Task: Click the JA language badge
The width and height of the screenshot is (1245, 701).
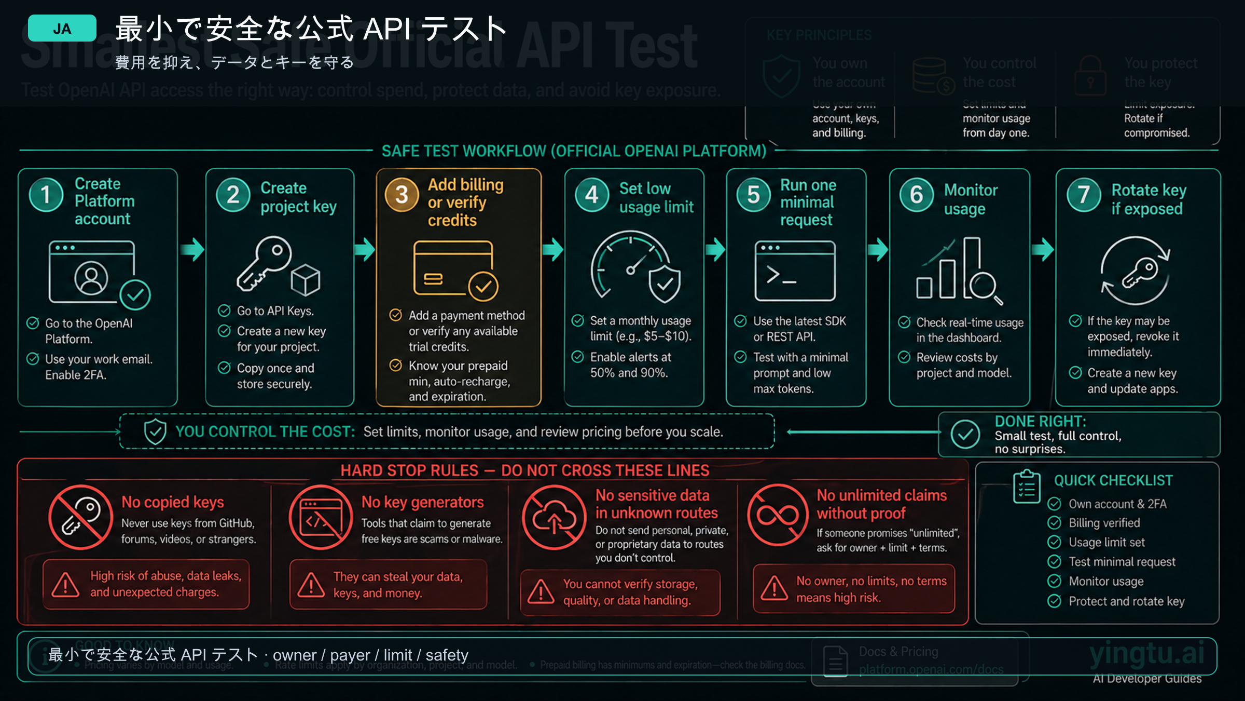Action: pyautogui.click(x=62, y=29)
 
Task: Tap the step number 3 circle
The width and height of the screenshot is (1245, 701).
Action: pyautogui.click(x=402, y=195)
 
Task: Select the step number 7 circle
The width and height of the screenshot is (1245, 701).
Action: pyautogui.click(x=1084, y=195)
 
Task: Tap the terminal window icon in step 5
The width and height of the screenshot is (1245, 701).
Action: pyautogui.click(x=795, y=271)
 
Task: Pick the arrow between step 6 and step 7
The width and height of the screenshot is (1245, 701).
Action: pyautogui.click(x=1043, y=250)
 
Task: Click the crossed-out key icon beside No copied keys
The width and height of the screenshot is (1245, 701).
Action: pyautogui.click(x=81, y=517)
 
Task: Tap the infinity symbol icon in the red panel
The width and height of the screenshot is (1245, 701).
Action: pyautogui.click(x=778, y=515)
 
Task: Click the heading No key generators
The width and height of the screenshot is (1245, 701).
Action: pyautogui.click(x=422, y=502)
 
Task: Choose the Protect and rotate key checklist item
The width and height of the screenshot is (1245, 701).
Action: pyautogui.click(x=1126, y=601)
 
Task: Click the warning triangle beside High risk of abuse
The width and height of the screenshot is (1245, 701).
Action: pyautogui.click(x=65, y=585)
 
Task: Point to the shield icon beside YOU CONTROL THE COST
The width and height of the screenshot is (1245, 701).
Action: pyautogui.click(x=155, y=432)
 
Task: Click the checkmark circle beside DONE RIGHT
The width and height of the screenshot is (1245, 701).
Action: pyautogui.click(x=965, y=434)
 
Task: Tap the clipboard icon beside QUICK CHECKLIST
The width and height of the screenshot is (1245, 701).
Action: pyautogui.click(x=1027, y=487)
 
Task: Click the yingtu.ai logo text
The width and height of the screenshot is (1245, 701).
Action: pyautogui.click(x=1146, y=654)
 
